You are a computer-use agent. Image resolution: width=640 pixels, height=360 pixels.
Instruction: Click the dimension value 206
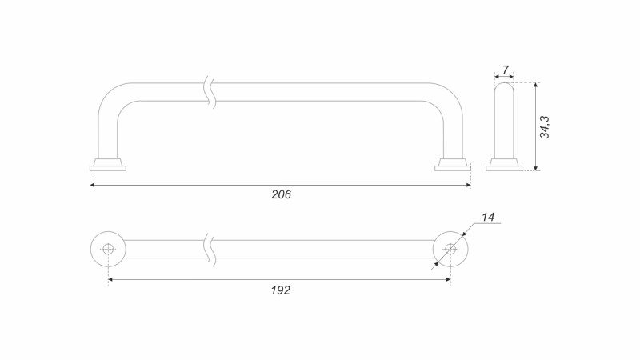pyautogui.click(x=281, y=194)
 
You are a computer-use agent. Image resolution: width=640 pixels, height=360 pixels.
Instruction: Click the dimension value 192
pyautogui.click(x=280, y=290)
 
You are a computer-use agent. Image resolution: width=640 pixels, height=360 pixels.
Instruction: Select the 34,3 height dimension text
pyautogui.click(x=545, y=126)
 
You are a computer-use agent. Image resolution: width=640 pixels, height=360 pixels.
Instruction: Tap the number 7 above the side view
pyautogui.click(x=506, y=70)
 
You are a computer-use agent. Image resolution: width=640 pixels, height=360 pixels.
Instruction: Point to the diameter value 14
pyautogui.click(x=489, y=217)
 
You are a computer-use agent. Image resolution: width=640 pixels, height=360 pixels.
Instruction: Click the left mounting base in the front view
pyautogui.click(x=108, y=164)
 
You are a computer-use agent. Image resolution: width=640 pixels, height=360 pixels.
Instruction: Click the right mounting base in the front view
pyautogui.click(x=452, y=164)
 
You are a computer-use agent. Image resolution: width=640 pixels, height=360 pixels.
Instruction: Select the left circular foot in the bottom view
pyautogui.click(x=108, y=249)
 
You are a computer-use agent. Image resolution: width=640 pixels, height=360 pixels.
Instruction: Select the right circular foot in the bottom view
pyautogui.click(x=450, y=249)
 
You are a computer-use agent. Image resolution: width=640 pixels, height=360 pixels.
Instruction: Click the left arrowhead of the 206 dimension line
pyautogui.click(x=94, y=185)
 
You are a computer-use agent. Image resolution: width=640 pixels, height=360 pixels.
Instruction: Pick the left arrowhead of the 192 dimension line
pyautogui.click(x=111, y=279)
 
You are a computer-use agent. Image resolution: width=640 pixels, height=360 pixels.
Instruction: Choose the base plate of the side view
pyautogui.click(x=504, y=166)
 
